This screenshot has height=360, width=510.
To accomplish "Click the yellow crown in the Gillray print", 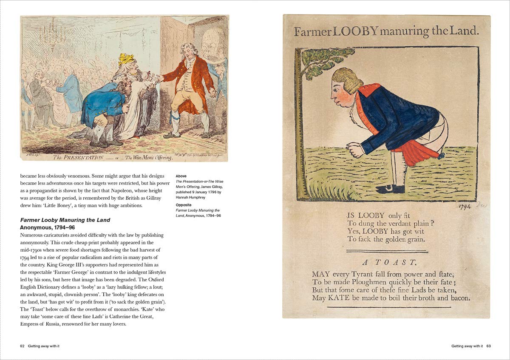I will pos(126,59).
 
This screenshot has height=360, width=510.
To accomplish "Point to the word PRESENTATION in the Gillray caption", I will pos(78,157).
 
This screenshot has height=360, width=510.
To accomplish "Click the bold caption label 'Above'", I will pos(181,176).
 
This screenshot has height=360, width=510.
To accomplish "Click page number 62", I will pos(23,346).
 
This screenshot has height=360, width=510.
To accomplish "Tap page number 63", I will pos(489,346).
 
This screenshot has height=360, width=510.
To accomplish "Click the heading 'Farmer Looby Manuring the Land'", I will pos(65,220).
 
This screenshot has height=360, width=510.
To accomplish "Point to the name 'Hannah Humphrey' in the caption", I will pos(192,197).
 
